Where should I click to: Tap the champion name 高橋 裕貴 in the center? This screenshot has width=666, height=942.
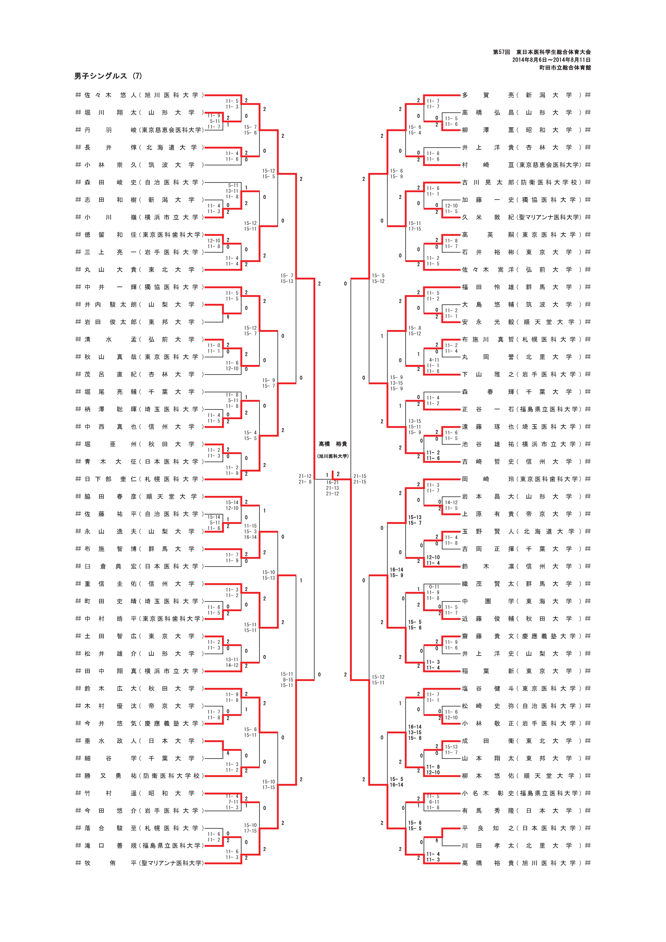[333, 444]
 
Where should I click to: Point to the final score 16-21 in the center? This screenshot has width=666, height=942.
[332, 483]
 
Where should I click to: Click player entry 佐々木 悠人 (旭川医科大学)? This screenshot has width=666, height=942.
[139, 95]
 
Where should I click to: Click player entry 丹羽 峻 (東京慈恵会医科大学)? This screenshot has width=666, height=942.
[139, 130]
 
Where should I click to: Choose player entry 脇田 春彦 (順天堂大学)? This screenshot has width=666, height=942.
[139, 497]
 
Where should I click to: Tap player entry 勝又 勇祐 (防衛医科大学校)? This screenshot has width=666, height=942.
[139, 776]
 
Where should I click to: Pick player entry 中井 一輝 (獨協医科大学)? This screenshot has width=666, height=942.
[139, 287]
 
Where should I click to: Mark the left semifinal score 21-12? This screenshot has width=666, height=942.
[305, 476]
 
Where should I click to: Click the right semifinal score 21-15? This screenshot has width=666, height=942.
[360, 476]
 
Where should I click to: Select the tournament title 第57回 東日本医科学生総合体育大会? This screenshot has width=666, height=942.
[542, 52]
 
